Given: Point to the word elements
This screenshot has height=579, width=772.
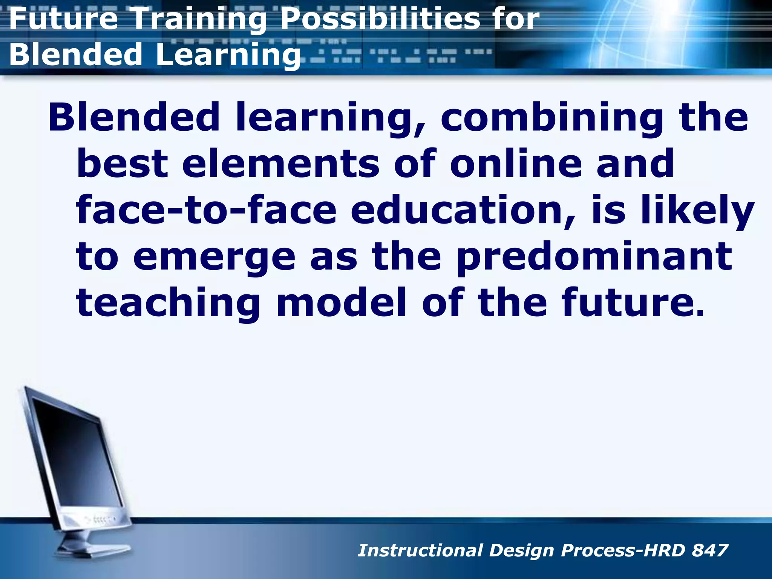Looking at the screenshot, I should coord(281,163).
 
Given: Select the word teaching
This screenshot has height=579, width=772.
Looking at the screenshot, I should coord(168,304).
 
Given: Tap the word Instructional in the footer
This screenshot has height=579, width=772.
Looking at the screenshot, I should coord(420,550).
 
